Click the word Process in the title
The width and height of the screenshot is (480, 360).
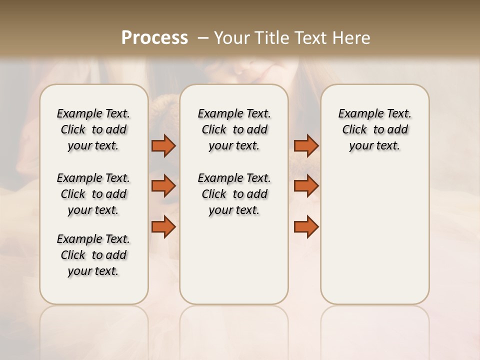(154, 38)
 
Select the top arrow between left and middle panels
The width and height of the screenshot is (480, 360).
(163, 145)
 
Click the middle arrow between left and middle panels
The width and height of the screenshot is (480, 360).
(163, 186)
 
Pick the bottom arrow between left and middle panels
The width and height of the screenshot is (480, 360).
(163, 227)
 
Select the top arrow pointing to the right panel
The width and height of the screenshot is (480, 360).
(306, 145)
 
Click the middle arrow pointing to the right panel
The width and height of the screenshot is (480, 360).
(306, 186)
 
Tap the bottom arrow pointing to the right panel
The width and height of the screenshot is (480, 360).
(306, 227)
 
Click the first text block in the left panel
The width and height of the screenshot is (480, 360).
(93, 129)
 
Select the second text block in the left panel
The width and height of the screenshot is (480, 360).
(93, 194)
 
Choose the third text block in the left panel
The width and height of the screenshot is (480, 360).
(93, 255)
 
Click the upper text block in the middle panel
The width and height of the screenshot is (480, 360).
(234, 129)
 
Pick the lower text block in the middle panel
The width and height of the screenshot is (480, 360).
(234, 194)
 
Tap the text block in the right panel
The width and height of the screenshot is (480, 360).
(375, 129)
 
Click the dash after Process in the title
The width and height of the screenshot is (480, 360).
(202, 38)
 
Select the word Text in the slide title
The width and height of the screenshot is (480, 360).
(309, 38)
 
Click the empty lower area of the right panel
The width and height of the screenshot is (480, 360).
(375, 240)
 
